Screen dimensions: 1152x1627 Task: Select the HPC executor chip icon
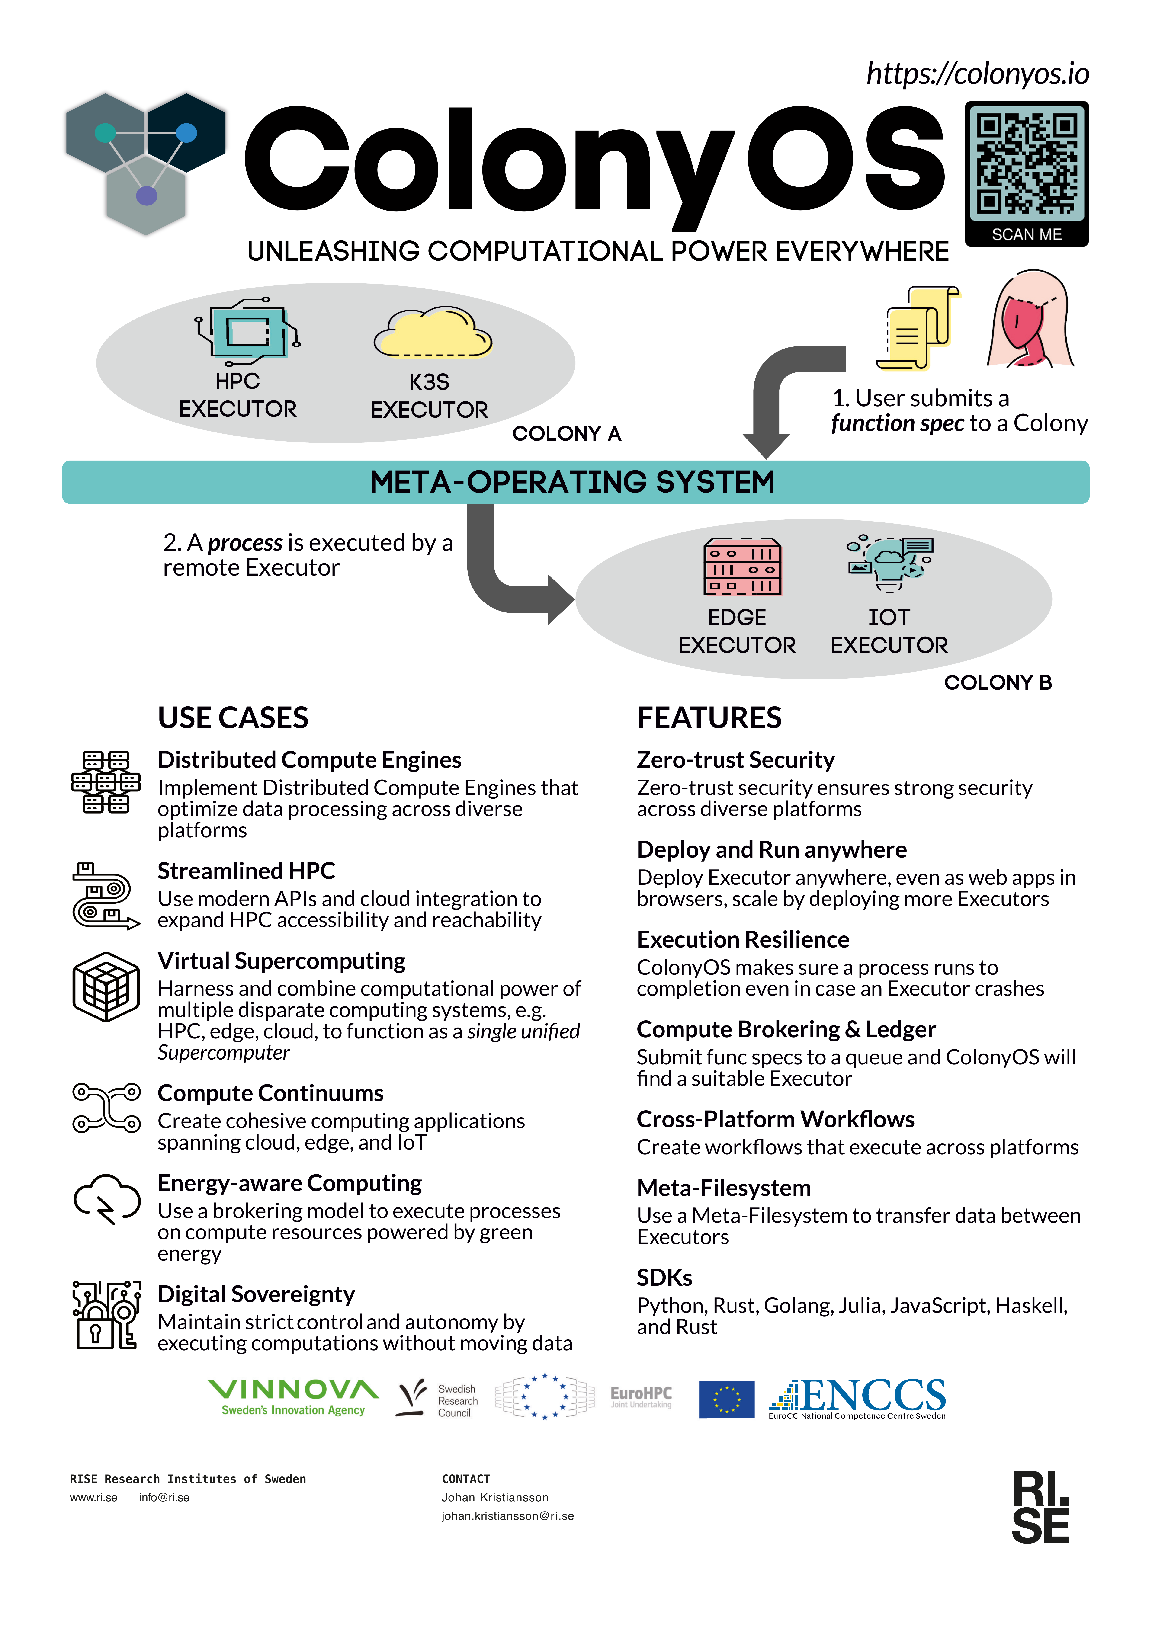(x=247, y=328)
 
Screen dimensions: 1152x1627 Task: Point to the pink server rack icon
(x=742, y=566)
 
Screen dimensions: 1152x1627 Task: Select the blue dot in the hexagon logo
(x=186, y=133)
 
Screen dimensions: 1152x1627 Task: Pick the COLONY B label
(x=997, y=682)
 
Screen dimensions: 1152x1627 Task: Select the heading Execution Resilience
(x=743, y=939)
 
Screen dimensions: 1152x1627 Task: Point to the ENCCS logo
(x=858, y=1398)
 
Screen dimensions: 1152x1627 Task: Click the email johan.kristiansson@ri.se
(x=507, y=1516)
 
